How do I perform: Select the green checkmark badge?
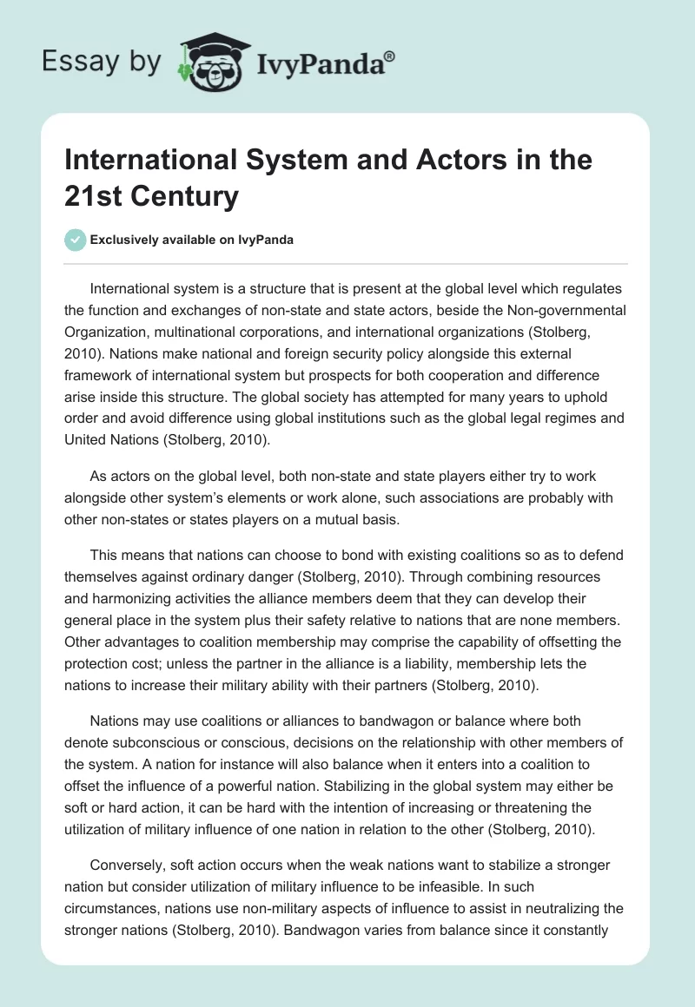click(76, 240)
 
